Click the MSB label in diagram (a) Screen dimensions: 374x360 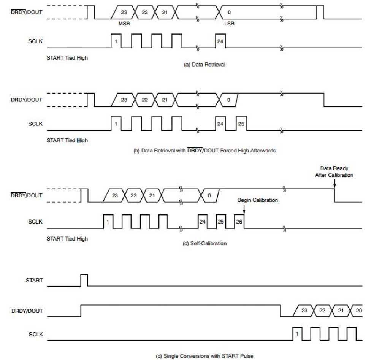(124, 24)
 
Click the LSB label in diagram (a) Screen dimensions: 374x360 (229, 24)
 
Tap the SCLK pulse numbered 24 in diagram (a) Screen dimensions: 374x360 (220, 41)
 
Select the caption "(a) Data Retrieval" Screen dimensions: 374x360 (204, 65)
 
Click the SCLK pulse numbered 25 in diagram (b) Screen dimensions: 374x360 (241, 123)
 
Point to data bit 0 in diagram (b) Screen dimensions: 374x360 (228, 100)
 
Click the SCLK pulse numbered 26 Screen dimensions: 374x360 (239, 221)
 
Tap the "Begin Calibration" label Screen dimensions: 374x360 (258, 200)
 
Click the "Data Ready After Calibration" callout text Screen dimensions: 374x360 (334, 171)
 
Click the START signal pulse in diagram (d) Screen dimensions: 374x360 (84, 280)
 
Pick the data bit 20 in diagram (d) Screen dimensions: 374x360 (358, 311)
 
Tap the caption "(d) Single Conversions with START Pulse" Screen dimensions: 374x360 (204, 356)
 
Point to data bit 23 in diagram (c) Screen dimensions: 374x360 (115, 195)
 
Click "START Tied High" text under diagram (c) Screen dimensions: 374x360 (67, 239)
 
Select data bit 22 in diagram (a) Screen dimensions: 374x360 (144, 12)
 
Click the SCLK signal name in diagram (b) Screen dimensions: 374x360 (35, 124)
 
